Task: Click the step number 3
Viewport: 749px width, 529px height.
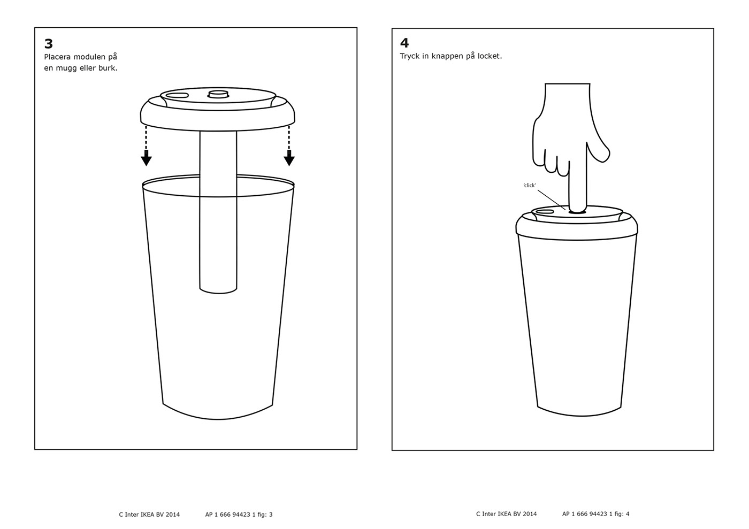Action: coord(49,44)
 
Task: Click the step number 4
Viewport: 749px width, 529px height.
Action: coord(404,43)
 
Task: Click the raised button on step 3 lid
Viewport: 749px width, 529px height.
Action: coord(218,94)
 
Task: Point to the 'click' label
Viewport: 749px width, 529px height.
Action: coord(530,185)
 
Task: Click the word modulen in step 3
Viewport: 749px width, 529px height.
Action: coord(89,57)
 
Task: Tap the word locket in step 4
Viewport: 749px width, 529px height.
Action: coord(490,56)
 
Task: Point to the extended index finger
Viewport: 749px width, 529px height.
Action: coord(578,181)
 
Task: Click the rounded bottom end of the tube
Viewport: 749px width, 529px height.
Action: coord(218,290)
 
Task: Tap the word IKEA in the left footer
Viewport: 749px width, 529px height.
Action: coord(148,514)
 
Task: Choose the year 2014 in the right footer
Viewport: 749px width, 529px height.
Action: coord(530,513)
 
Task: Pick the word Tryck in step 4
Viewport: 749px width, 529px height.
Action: coord(410,56)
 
